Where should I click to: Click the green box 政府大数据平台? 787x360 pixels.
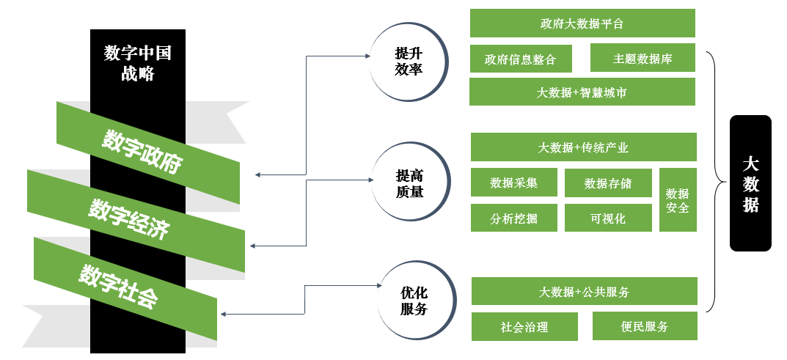pyautogui.click(x=582, y=23)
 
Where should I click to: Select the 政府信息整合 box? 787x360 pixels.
pyautogui.click(x=520, y=59)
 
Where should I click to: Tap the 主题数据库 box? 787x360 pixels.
pyautogui.click(x=643, y=58)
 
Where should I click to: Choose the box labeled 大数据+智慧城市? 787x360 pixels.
pyautogui.click(x=582, y=92)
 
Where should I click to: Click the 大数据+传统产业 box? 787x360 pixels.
pyautogui.click(x=582, y=147)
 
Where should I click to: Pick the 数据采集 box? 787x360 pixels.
pyautogui.click(x=513, y=183)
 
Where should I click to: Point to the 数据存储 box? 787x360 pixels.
pyautogui.click(x=608, y=183)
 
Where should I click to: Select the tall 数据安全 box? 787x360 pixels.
pyautogui.click(x=677, y=200)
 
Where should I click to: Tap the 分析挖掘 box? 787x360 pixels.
pyautogui.click(x=513, y=218)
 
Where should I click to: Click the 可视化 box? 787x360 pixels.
pyautogui.click(x=608, y=218)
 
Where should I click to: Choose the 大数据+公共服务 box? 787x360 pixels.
pyautogui.click(x=584, y=291)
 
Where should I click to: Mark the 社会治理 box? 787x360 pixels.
pyautogui.click(x=524, y=326)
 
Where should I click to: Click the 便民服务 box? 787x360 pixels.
pyautogui.click(x=645, y=326)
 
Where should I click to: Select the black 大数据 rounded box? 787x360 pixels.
pyautogui.click(x=750, y=183)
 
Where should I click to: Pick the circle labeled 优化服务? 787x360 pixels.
pyautogui.click(x=413, y=300)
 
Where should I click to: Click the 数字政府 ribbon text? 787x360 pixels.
pyautogui.click(x=142, y=152)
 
